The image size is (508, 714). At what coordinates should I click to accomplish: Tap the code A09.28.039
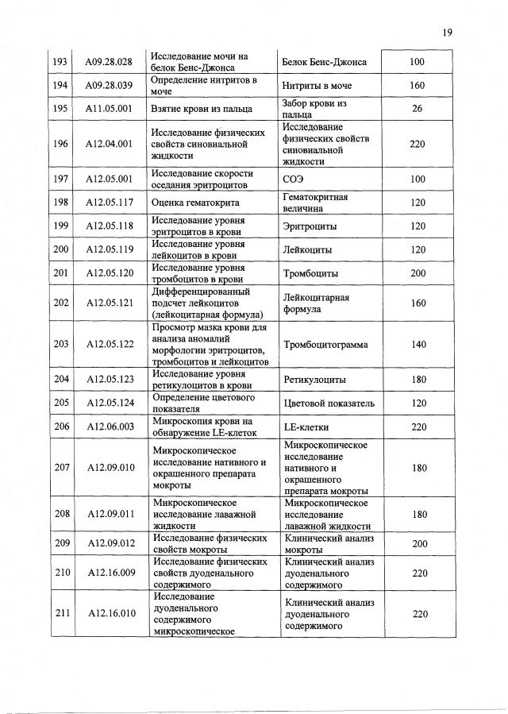point(110,86)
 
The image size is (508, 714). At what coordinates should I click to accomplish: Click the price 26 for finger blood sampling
point(417,109)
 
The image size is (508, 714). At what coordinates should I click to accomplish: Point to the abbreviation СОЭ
point(294,179)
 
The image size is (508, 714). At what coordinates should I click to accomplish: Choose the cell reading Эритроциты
point(310,226)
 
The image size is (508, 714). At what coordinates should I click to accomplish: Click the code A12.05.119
point(110,249)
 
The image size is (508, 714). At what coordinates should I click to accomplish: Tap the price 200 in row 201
point(417,273)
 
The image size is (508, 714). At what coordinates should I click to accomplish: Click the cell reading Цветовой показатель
point(329,403)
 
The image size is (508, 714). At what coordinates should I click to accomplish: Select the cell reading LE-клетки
point(306,426)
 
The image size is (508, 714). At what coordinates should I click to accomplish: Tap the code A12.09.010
point(110,468)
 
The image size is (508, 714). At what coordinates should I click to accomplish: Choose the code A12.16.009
point(110,572)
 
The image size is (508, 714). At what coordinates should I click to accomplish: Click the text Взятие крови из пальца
point(202,109)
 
